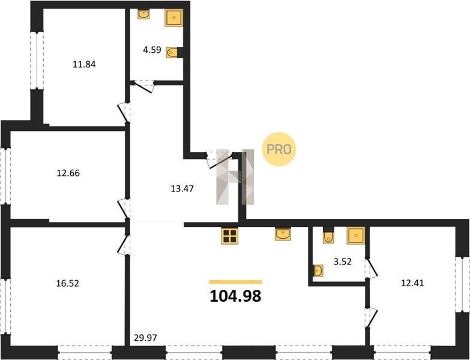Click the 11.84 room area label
click(84, 64)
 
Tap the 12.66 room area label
click(68, 173)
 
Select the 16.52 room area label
click(68, 283)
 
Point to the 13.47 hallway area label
click(182, 188)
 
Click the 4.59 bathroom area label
click(152, 50)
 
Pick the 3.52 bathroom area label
click(342, 262)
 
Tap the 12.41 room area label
click(412, 283)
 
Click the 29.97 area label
click(145, 338)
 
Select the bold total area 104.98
click(235, 296)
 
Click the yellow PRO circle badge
click(279, 149)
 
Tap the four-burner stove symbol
click(230, 236)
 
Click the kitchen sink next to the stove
click(283, 234)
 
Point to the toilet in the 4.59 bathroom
click(172, 53)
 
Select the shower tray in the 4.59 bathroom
click(173, 17)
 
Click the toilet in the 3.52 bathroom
click(328, 237)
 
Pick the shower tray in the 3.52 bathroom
click(356, 235)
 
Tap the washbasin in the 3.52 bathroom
click(318, 271)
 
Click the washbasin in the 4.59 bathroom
click(143, 14)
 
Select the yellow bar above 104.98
click(235, 282)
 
